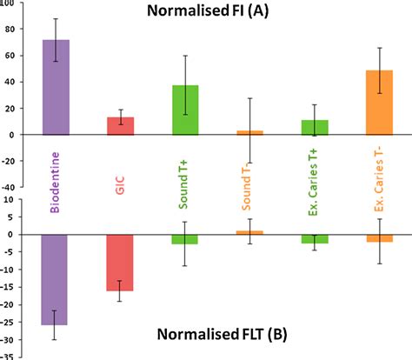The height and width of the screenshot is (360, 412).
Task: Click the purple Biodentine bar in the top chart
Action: point(56,88)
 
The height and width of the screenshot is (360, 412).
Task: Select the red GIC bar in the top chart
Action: point(121,126)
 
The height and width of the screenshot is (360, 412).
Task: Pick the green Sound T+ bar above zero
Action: point(186,110)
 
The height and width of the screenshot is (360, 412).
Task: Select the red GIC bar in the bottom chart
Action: point(121,262)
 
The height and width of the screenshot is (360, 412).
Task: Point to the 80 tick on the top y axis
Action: point(11,29)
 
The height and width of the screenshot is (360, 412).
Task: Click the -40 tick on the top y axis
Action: point(10,187)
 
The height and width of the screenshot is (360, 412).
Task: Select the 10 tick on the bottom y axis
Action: point(11,199)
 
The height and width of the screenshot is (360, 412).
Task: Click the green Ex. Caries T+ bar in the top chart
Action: point(316,127)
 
